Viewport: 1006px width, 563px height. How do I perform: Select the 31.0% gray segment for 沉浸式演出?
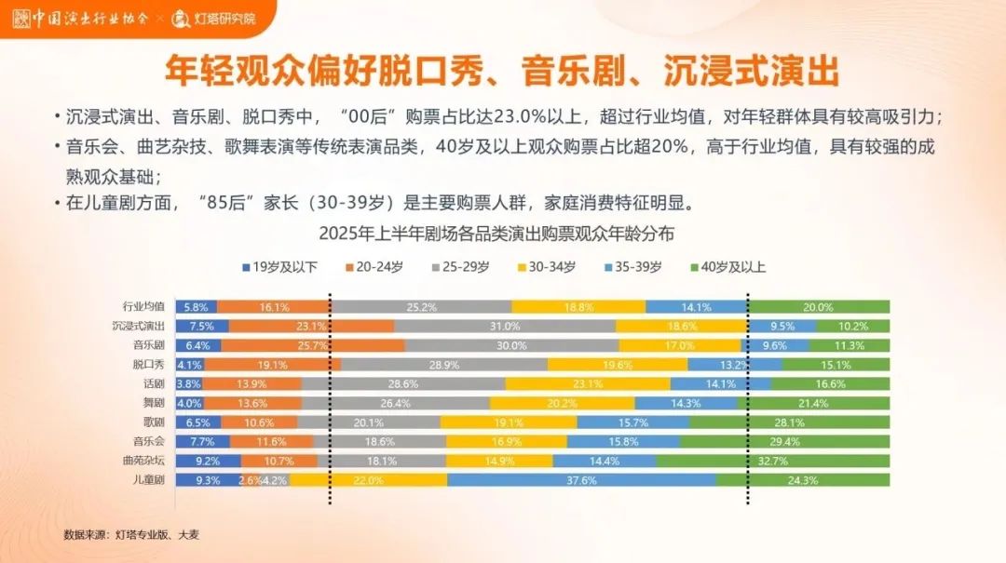pyautogui.click(x=505, y=326)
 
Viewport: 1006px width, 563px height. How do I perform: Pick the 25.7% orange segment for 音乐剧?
pyautogui.click(x=317, y=345)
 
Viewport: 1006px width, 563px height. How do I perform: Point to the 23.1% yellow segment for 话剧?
pyautogui.click(x=587, y=383)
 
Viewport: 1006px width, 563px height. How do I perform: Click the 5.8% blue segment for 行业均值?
pyautogui.click(x=196, y=307)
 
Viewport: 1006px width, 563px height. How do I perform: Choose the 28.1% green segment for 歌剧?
pyautogui.click(x=790, y=422)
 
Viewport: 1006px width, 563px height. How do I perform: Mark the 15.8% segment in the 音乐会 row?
pyautogui.click(x=622, y=441)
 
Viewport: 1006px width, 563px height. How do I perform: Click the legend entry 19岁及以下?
pyautogui.click(x=279, y=267)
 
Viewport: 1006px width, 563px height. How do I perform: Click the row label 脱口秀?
pyautogui.click(x=148, y=364)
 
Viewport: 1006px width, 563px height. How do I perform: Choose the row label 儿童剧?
pyautogui.click(x=148, y=480)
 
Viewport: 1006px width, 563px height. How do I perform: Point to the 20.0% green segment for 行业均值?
pyautogui.click(x=818, y=307)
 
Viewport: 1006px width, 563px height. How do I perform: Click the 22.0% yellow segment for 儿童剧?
pyautogui.click(x=368, y=480)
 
